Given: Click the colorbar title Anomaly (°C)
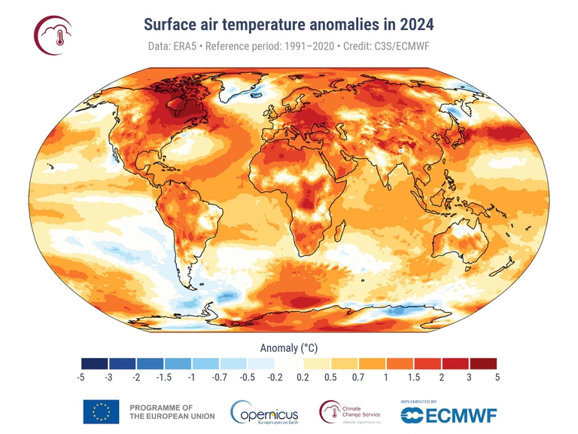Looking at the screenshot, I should coord(289,349).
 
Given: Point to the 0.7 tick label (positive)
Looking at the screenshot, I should coord(358,377).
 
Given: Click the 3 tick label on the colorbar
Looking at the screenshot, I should coord(469,377).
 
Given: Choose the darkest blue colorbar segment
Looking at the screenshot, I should coord(95,364).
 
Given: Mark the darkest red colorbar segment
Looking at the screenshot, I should coord(482,364).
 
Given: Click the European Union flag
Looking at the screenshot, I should coord(101,411).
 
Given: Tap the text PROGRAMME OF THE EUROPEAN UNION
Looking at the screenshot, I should coord(172,411).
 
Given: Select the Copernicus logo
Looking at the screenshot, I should coord(264,412).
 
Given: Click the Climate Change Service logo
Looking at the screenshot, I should coord(349,412).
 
